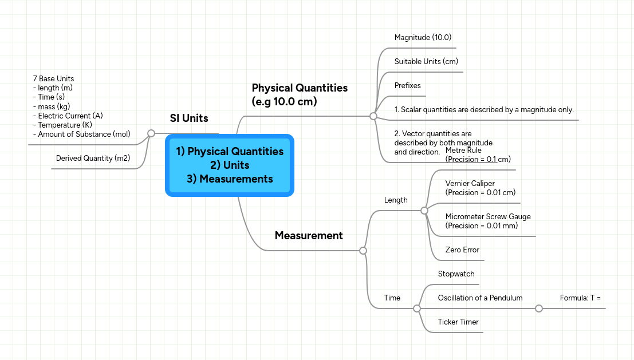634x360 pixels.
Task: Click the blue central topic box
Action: (x=229, y=165)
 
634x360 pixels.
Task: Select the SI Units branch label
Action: (x=189, y=118)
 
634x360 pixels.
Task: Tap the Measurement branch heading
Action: (x=309, y=235)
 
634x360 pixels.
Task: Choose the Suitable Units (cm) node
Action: (x=426, y=62)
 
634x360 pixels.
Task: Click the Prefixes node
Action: (x=407, y=86)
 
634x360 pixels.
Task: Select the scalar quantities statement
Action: (x=484, y=110)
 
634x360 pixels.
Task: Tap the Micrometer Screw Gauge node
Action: (x=488, y=221)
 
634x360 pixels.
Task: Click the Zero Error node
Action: (x=462, y=250)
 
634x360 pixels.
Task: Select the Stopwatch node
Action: (x=456, y=274)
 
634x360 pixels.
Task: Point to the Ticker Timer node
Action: (x=458, y=322)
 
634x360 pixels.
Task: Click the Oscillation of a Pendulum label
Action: (x=480, y=298)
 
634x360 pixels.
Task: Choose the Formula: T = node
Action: (x=580, y=298)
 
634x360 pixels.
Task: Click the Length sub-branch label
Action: (x=396, y=200)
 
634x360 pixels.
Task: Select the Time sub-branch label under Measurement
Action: (x=392, y=298)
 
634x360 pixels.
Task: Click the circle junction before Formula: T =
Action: (x=538, y=308)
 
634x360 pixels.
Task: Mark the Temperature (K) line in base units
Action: (x=65, y=125)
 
